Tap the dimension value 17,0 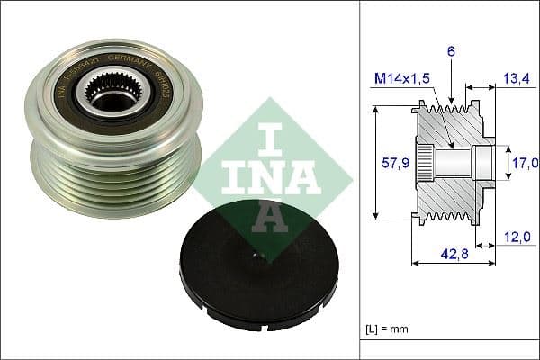(525, 163)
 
